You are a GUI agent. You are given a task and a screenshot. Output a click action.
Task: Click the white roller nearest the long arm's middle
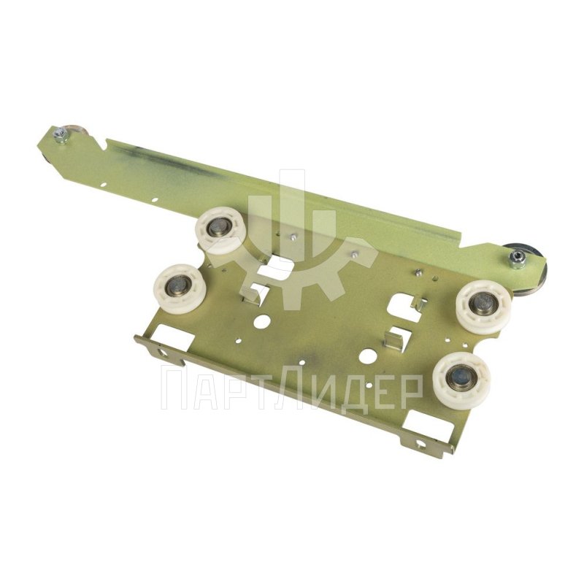[x=221, y=230]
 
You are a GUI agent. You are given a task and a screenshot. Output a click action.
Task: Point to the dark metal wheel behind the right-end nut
[x=529, y=268]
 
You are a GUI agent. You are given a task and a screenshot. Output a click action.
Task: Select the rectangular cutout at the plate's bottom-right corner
[x=427, y=421]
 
